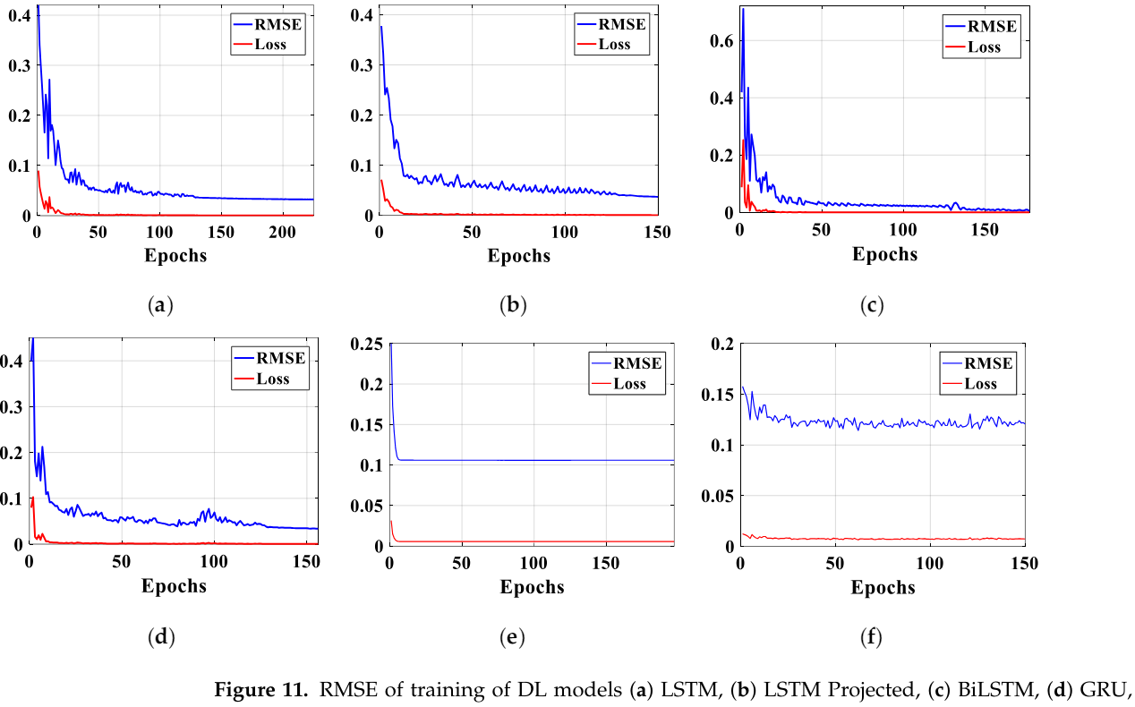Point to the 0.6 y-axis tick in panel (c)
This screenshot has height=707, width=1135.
[x=721, y=41]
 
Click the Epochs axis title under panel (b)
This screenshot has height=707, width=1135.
[x=519, y=255]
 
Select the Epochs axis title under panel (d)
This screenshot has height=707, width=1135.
[x=174, y=586]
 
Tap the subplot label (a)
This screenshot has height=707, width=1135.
[x=159, y=306]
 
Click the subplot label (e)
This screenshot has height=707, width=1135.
[x=511, y=637]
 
